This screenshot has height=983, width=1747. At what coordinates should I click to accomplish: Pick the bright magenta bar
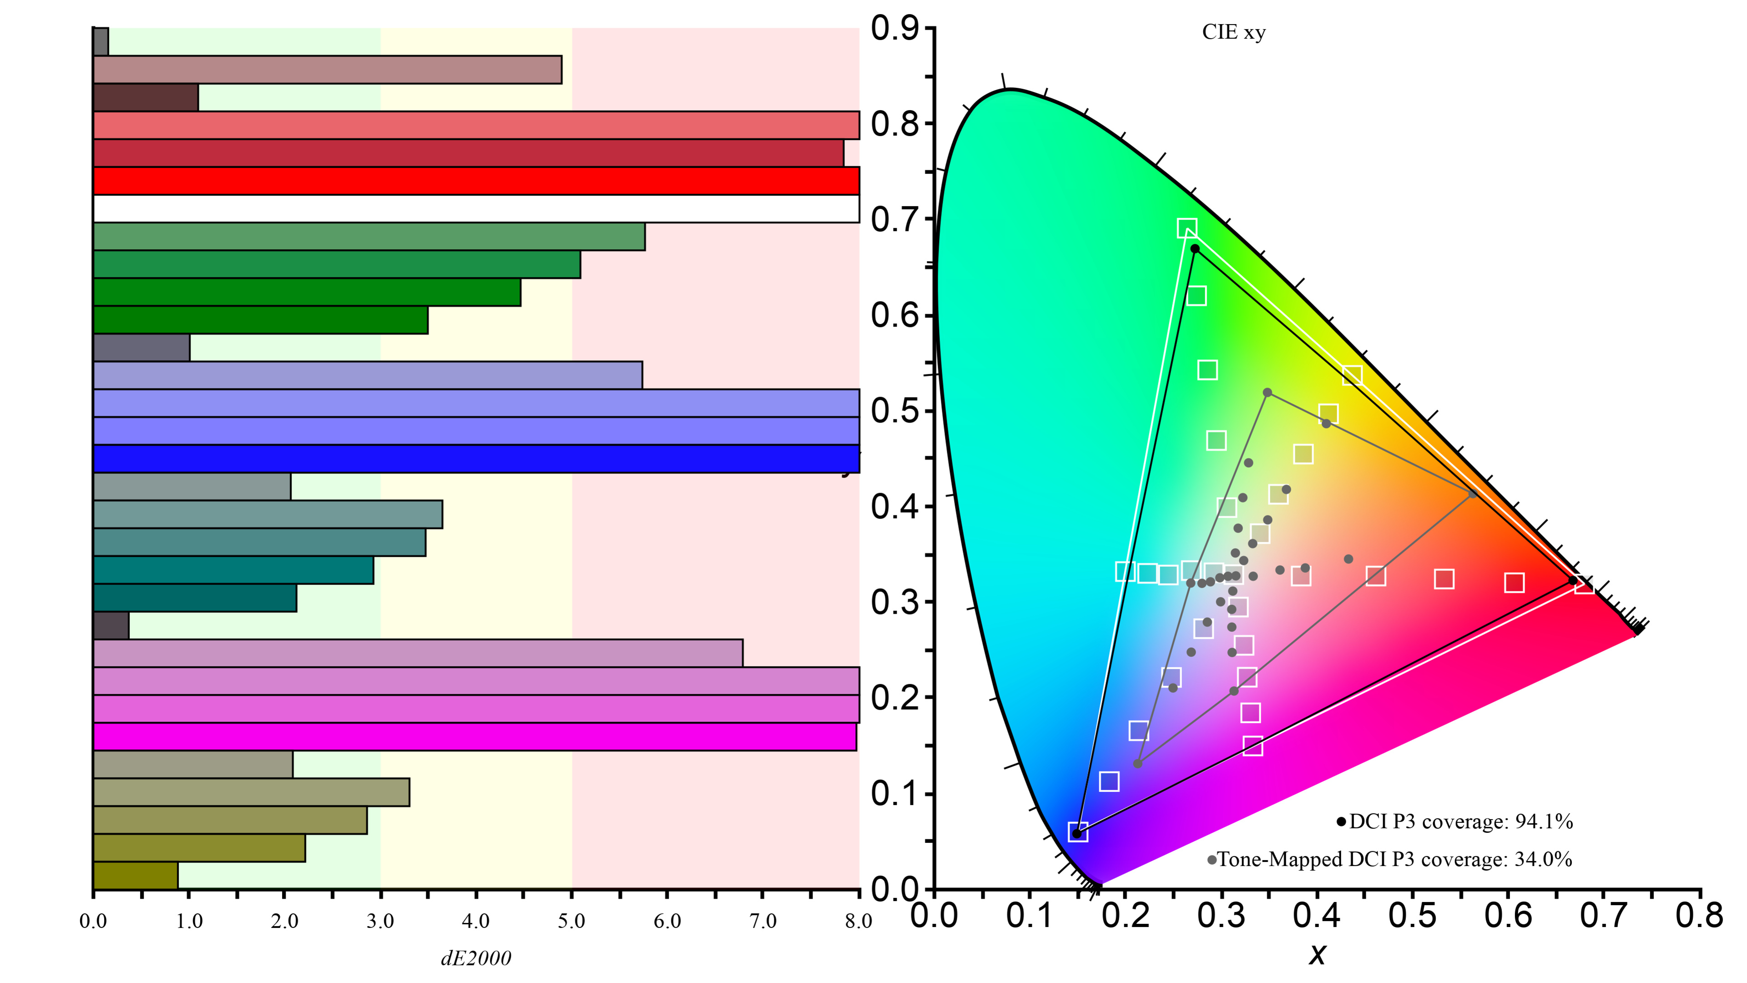coord(475,737)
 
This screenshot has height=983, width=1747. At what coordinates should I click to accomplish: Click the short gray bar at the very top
coord(101,41)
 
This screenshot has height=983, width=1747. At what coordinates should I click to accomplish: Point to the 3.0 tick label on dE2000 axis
coord(380,921)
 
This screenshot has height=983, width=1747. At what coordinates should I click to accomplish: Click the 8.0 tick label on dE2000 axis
coord(858,921)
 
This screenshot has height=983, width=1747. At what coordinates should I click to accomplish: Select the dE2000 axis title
coord(476,958)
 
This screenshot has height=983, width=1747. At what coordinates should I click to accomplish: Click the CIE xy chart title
coord(1234,33)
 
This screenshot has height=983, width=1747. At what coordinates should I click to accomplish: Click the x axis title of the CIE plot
coord(1317,954)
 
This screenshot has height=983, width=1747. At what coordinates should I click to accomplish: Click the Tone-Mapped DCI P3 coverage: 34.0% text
coord(1394,860)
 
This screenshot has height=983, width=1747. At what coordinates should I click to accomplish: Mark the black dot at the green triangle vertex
coord(1195,249)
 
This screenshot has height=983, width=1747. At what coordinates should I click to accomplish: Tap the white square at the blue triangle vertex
coord(1078,832)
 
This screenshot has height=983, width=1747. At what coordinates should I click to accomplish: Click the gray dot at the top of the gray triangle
coord(1267,393)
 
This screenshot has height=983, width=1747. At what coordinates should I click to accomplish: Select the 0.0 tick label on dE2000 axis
coord(93,921)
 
